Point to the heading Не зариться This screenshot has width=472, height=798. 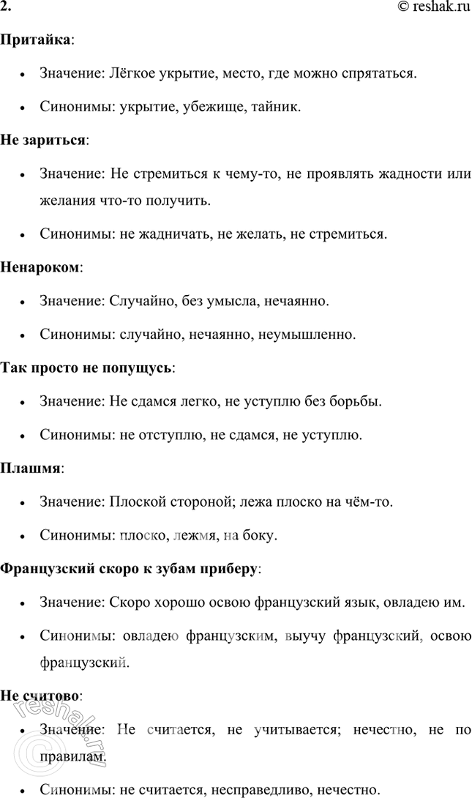click(x=43, y=140)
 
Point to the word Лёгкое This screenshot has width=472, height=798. click(x=132, y=73)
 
